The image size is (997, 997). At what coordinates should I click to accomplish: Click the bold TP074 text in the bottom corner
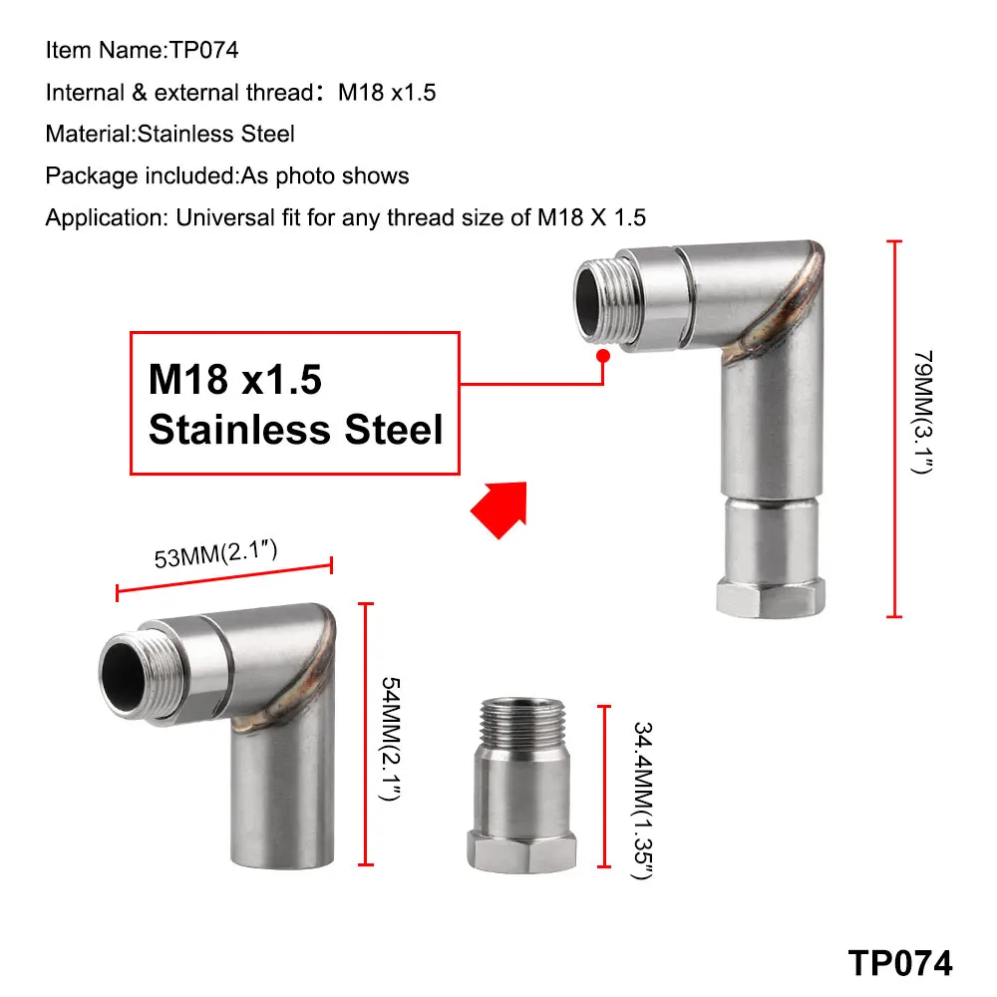tap(900, 963)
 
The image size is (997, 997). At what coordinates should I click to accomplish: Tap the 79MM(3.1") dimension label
tap(922, 412)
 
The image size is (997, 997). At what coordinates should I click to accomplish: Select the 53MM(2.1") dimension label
tap(216, 554)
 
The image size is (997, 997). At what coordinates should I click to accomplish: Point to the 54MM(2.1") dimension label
tap(391, 739)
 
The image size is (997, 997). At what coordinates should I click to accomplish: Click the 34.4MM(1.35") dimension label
tap(643, 801)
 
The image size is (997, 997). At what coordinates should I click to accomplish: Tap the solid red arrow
tap(501, 509)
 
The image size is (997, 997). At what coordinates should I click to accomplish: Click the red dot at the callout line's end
tap(603, 356)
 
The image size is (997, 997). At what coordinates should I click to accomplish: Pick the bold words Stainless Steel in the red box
tap(296, 429)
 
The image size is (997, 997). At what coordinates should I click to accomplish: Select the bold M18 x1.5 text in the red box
tap(235, 380)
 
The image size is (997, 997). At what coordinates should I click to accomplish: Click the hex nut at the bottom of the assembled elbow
tap(771, 597)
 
